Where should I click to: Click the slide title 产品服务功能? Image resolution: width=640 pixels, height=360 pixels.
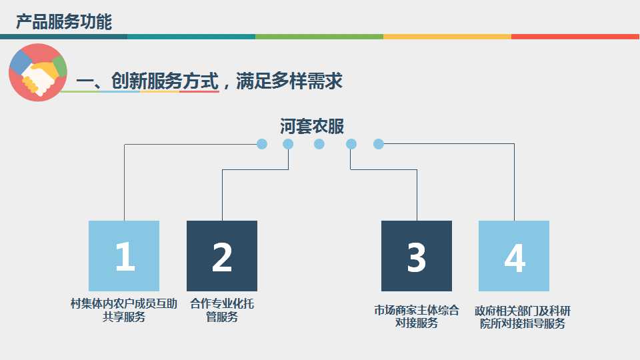click(x=64, y=22)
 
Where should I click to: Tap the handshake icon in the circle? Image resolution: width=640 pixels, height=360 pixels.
click(x=38, y=72)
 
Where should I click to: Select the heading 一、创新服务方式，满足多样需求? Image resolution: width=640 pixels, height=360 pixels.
click(x=209, y=81)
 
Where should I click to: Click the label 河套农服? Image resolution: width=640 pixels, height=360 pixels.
click(x=312, y=126)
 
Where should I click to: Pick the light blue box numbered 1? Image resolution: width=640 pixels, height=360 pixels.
click(x=124, y=256)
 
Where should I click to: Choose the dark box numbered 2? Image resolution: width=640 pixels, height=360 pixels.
click(x=222, y=256)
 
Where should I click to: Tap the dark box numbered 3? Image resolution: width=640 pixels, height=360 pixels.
click(x=417, y=256)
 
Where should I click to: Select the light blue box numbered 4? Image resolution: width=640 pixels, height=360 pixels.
click(x=514, y=256)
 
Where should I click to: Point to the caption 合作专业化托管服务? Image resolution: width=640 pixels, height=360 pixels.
click(x=222, y=311)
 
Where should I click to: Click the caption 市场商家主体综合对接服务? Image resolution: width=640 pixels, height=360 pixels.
click(x=417, y=317)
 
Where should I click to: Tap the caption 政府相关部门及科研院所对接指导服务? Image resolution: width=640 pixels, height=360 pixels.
click(x=523, y=317)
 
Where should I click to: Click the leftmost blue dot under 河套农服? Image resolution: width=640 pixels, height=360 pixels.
click(x=262, y=144)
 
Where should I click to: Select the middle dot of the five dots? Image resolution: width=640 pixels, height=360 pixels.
click(x=319, y=144)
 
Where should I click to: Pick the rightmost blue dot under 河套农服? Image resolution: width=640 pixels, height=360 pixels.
click(x=379, y=144)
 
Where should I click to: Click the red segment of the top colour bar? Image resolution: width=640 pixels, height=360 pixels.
click(x=575, y=37)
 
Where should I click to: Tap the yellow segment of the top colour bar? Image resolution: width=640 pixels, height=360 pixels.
click(x=447, y=37)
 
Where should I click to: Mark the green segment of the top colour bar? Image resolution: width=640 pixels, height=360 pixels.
click(x=319, y=37)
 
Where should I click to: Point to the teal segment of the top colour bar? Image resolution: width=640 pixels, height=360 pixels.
click(x=191, y=37)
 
